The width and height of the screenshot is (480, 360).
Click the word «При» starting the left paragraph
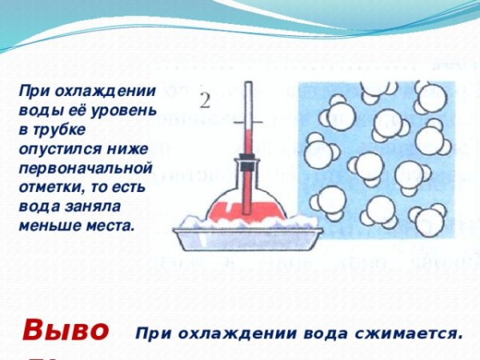pos(34,90)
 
